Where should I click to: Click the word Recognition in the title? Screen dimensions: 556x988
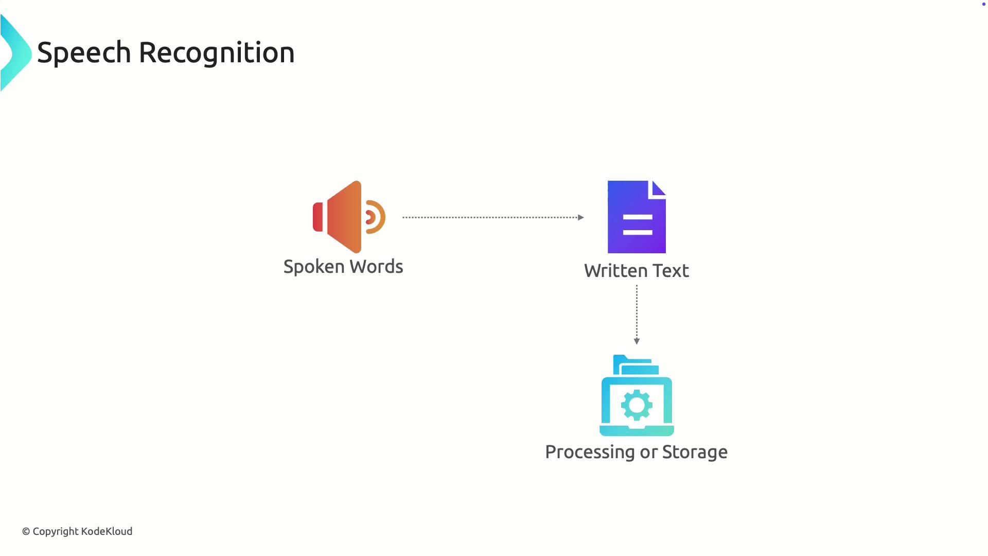tap(217, 53)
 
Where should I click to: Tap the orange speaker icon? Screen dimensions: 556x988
tap(345, 217)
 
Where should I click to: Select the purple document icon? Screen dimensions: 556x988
tap(637, 217)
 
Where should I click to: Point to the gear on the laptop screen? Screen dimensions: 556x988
tap(637, 405)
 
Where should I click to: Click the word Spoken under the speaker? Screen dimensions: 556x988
tap(314, 267)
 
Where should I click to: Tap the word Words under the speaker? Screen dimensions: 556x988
tap(376, 267)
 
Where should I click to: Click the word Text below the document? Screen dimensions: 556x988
tap(671, 271)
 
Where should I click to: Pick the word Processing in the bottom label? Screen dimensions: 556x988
tap(590, 452)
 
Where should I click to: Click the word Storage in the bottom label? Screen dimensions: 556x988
tap(695, 452)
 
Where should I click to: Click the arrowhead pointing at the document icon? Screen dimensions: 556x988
tap(581, 217)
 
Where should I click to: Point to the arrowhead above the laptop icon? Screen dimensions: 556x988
tap(637, 341)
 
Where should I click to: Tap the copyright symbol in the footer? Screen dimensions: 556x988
tap(26, 531)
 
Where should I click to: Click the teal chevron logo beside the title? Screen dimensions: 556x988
tap(15, 53)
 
